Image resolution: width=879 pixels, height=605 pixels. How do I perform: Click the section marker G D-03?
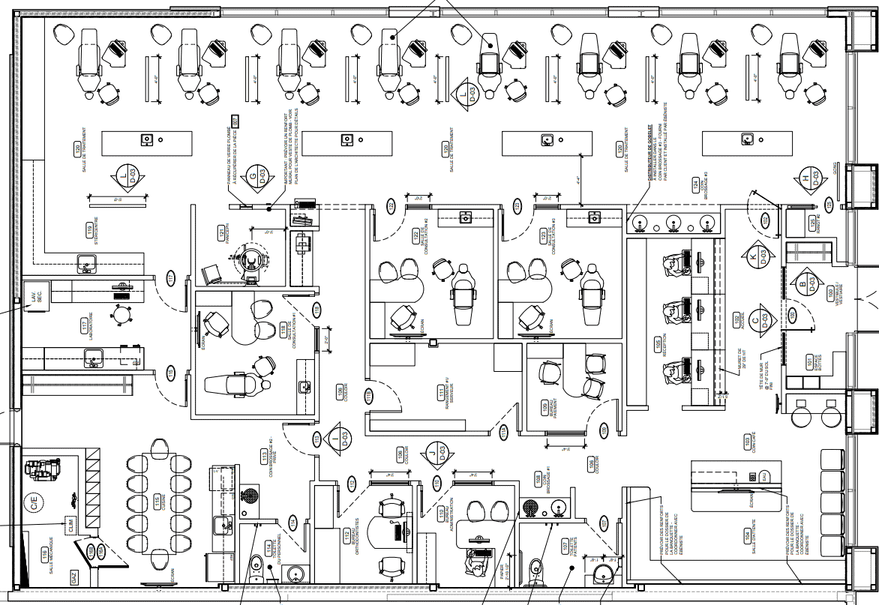point(257,176)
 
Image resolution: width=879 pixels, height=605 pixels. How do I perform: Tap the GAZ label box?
point(74,577)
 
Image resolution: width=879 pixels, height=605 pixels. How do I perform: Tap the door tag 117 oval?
point(170,280)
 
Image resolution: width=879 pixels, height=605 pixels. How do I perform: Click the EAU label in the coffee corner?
point(763,476)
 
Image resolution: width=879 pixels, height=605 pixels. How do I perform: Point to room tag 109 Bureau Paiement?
point(544,408)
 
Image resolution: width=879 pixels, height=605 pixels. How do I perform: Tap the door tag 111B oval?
point(369,394)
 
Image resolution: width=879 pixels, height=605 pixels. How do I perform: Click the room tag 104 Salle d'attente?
point(746,535)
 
